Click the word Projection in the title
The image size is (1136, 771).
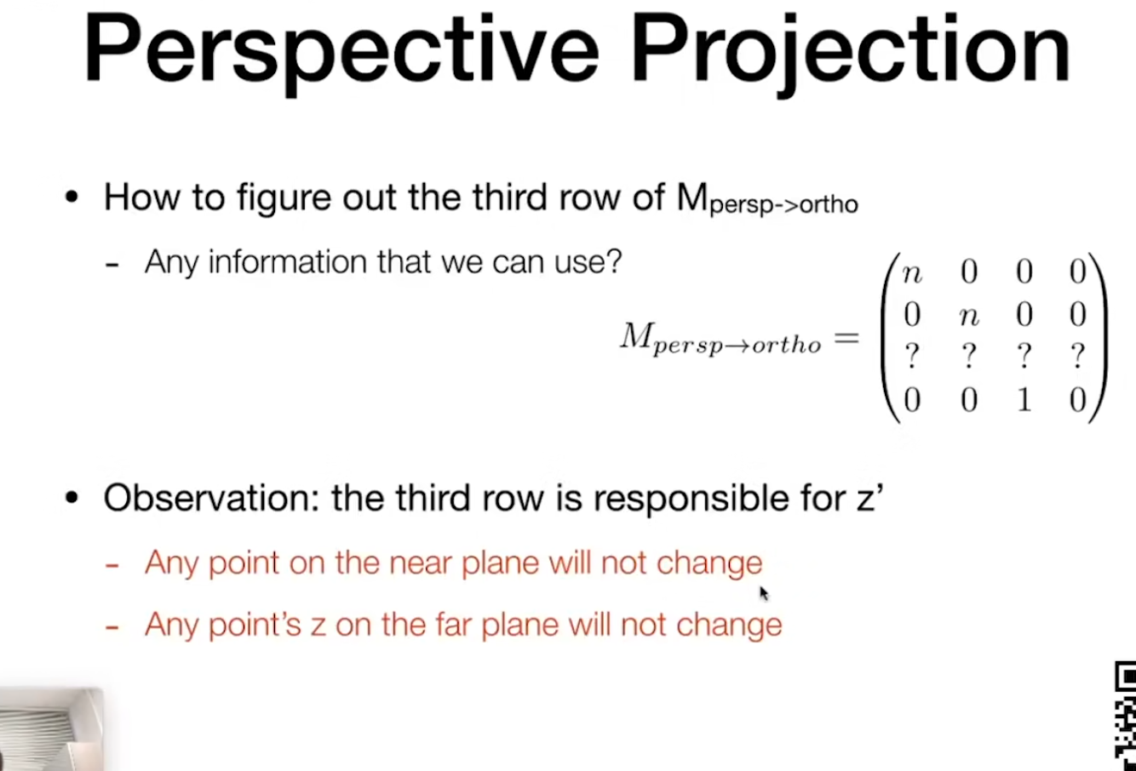click(850, 54)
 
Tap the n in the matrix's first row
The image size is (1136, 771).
click(912, 274)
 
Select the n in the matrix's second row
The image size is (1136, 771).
click(968, 317)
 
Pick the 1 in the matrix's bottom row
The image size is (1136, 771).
click(1024, 399)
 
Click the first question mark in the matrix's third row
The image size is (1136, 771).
click(912, 356)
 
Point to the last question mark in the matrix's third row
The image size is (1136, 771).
click(1078, 356)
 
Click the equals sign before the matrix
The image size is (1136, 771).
click(846, 338)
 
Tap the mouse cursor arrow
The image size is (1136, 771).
click(764, 594)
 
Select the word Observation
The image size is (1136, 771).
click(211, 498)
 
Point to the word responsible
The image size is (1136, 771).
click(691, 500)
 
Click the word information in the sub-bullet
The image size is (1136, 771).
click(289, 262)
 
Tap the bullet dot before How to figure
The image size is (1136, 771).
click(72, 197)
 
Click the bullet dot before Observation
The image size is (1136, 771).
click(72, 498)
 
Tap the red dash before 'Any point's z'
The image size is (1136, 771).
click(112, 627)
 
